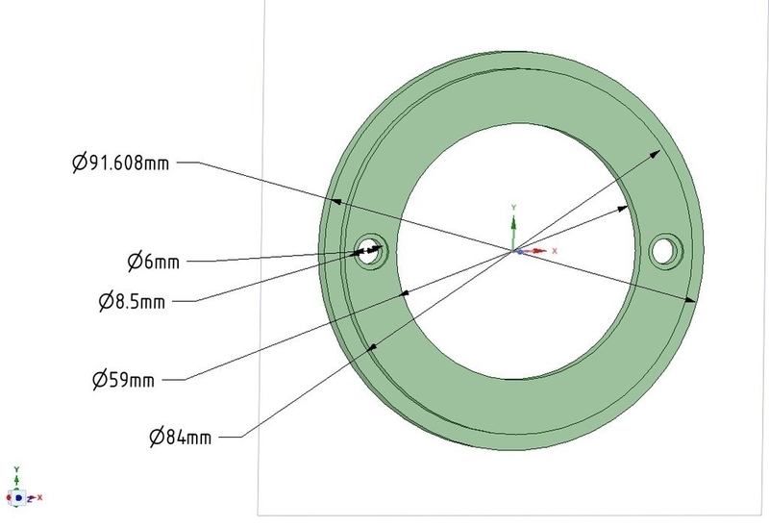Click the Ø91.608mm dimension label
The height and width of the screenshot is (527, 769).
pyautogui.click(x=121, y=163)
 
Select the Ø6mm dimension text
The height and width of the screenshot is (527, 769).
pyautogui.click(x=154, y=261)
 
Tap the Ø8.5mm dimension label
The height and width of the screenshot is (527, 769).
pyautogui.click(x=132, y=301)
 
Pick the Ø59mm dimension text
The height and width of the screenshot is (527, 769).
pyautogui.click(x=124, y=380)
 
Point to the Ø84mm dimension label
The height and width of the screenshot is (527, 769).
pyautogui.click(x=181, y=437)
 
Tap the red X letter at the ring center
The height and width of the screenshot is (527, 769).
pyautogui.click(x=555, y=251)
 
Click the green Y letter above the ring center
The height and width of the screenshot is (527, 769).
pyautogui.click(x=513, y=208)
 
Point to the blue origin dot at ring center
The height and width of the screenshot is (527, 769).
pyautogui.click(x=519, y=252)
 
